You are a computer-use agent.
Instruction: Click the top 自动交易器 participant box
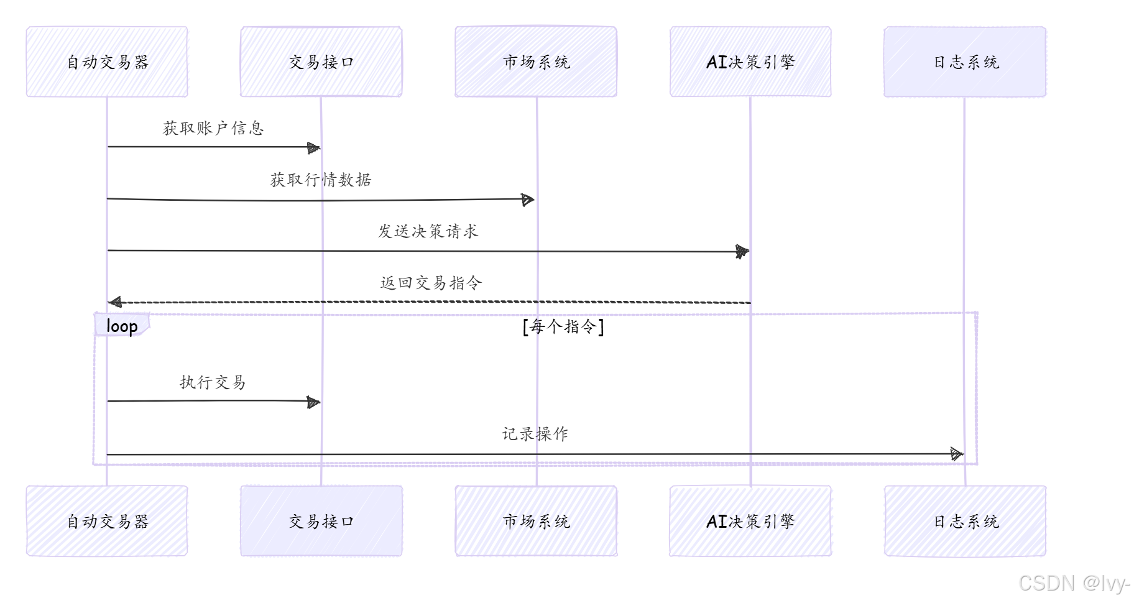click(107, 62)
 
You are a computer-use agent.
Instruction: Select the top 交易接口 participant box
click(321, 62)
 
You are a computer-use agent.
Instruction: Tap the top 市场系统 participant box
click(536, 62)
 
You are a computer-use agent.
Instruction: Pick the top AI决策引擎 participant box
click(750, 62)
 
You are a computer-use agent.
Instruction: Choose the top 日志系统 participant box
click(965, 62)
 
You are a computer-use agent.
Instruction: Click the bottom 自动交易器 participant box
click(107, 521)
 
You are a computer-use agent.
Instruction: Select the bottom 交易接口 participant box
click(321, 521)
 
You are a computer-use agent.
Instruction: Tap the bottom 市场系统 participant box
click(536, 521)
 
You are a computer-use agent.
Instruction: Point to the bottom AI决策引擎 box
click(750, 521)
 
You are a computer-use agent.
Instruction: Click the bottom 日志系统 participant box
click(965, 521)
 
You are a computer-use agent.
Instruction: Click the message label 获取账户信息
click(213, 128)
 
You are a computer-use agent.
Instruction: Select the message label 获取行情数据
click(321, 180)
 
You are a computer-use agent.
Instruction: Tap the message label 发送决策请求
click(428, 231)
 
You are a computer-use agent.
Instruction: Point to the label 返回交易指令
click(431, 283)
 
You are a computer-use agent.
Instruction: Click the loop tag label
click(122, 325)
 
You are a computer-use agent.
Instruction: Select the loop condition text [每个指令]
click(563, 326)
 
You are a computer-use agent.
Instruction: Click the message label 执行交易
click(213, 382)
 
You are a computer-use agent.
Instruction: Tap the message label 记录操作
click(535, 433)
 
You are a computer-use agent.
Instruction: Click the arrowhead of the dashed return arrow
click(115, 303)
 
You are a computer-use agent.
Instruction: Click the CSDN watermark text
click(1074, 583)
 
